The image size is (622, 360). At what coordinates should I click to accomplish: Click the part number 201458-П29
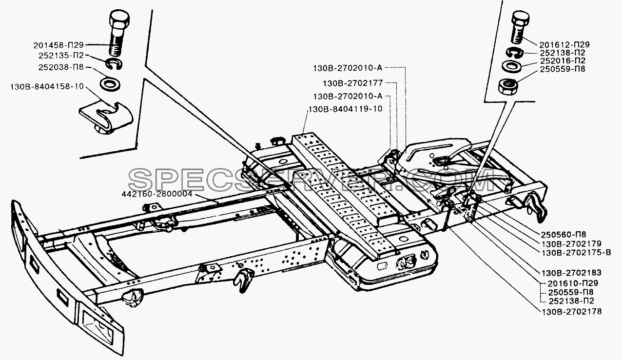(58, 45)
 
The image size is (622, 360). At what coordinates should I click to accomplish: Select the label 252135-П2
(61, 56)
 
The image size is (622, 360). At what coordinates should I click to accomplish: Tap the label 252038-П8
(61, 67)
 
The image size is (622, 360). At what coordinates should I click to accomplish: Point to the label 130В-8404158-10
(47, 87)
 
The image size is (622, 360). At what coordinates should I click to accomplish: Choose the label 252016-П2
(563, 60)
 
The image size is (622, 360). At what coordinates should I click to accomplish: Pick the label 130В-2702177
(352, 83)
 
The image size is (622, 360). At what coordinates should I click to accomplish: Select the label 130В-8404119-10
(346, 109)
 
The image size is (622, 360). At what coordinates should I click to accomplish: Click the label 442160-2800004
(157, 194)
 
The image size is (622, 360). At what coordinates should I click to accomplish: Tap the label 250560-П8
(563, 235)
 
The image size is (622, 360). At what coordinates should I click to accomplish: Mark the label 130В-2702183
(571, 273)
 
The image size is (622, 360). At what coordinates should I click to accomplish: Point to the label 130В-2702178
(571, 311)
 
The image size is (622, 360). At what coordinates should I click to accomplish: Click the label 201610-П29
(572, 283)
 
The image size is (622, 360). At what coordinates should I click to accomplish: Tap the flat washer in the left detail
(110, 83)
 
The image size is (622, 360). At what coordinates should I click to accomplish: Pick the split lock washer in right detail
(514, 53)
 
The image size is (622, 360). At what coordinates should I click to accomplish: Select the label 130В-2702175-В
(576, 253)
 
